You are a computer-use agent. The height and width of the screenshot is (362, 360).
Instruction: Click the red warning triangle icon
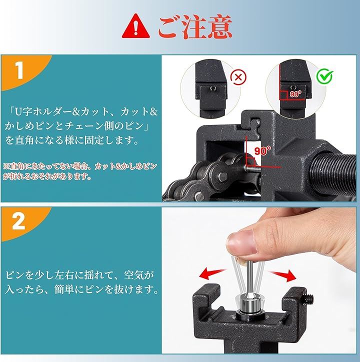click(x=136, y=27)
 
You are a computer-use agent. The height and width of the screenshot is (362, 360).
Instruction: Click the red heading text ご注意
click(x=195, y=27)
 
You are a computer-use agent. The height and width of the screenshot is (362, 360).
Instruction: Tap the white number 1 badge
click(x=19, y=70)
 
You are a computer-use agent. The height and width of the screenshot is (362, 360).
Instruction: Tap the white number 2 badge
click(x=18, y=221)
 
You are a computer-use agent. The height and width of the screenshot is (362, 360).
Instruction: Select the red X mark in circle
click(x=238, y=76)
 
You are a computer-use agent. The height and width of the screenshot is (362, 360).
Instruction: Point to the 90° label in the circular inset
click(x=295, y=94)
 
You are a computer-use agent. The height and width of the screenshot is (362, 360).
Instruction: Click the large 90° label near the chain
click(x=262, y=150)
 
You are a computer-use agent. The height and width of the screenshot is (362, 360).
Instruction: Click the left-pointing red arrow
click(x=211, y=273)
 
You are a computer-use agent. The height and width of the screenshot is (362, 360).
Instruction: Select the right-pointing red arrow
click(x=283, y=275)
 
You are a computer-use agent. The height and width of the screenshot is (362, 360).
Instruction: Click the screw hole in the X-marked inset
click(x=213, y=88)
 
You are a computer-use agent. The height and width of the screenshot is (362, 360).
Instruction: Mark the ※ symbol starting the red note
click(x=6, y=166)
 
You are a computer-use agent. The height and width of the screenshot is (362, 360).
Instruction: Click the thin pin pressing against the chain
click(x=253, y=169)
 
